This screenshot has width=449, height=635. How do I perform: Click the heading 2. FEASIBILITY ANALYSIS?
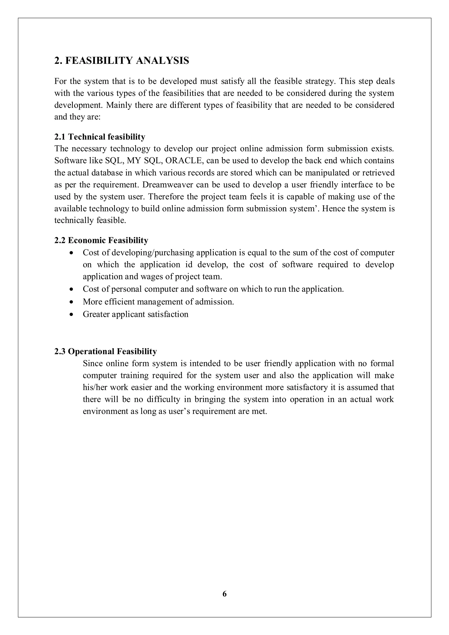click(122, 61)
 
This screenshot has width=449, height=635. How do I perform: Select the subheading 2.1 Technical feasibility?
click(100, 137)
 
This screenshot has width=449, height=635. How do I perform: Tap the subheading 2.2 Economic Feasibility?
click(101, 240)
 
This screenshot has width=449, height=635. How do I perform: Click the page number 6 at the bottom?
click(224, 594)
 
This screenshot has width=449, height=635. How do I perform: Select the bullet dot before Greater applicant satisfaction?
click(72, 314)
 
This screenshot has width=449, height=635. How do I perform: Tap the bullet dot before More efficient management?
click(72, 302)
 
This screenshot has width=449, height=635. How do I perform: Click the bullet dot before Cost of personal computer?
click(72, 289)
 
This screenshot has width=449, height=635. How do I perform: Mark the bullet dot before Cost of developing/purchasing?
click(72, 253)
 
